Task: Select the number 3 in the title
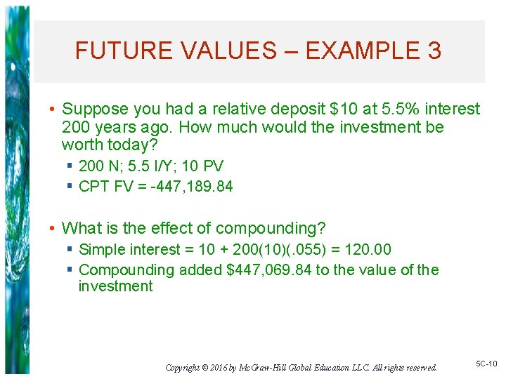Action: (434, 51)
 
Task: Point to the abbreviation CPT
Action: (93, 187)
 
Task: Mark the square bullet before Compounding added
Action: (70, 270)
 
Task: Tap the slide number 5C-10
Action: (486, 364)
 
